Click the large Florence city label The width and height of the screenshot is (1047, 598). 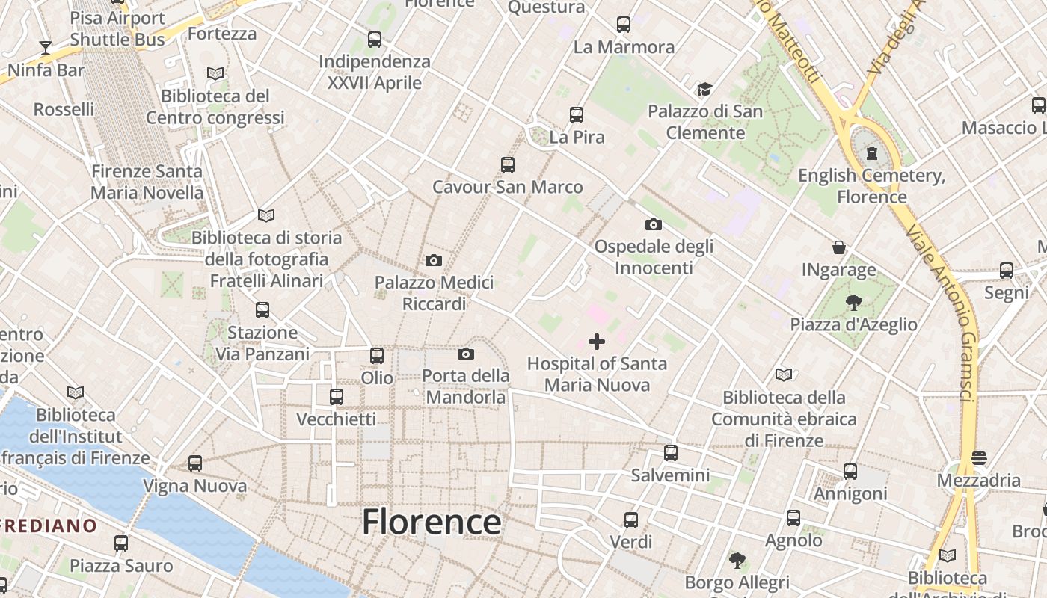432,522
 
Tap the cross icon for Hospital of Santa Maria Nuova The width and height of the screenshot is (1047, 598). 597,342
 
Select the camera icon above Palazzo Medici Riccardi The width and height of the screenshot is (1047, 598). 433,260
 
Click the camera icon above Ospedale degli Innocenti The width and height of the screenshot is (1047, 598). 653,224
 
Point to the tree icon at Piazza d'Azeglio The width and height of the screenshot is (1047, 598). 853,302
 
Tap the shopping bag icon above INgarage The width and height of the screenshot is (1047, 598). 839,247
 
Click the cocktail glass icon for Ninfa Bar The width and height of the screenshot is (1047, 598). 46,48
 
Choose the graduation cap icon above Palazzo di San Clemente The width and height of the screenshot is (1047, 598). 704,90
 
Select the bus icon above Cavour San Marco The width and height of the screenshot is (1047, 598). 508,165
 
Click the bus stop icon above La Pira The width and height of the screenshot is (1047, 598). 576,115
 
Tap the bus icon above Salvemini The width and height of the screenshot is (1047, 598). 671,453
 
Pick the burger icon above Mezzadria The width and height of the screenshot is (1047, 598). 979,457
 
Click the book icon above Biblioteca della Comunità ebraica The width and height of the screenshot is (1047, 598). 784,374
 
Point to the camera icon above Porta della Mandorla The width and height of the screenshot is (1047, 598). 466,354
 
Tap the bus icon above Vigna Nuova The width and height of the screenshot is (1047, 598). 195,463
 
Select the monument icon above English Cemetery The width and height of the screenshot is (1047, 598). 871,153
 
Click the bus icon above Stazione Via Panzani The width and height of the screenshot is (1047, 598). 262,310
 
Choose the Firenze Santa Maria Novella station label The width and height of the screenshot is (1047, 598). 147,182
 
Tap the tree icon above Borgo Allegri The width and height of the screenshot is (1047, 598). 737,560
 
